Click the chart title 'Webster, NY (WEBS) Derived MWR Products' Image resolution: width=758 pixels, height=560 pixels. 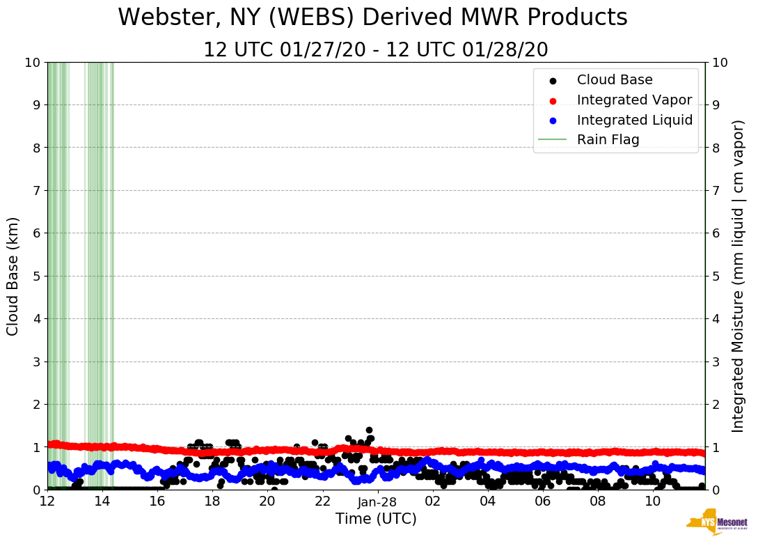click(372, 18)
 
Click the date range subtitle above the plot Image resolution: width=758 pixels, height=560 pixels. click(376, 50)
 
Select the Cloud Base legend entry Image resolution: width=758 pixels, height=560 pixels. click(615, 80)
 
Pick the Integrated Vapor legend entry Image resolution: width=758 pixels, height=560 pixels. click(634, 100)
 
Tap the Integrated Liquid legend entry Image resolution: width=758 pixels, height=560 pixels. click(634, 120)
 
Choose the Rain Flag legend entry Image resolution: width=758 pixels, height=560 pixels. click(608, 140)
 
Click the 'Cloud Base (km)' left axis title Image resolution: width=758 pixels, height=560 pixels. click(13, 276)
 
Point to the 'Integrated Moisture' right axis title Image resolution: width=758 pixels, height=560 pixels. click(739, 276)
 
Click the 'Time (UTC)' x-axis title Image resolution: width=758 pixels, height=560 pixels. click(376, 519)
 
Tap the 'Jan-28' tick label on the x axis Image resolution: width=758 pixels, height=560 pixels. click(377, 502)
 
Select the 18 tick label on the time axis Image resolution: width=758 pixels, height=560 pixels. click(212, 501)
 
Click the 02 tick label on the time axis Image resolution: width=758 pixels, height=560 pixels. click(432, 501)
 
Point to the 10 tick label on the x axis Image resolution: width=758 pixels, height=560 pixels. click(653, 501)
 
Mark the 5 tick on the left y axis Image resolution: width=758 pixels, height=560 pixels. click(36, 276)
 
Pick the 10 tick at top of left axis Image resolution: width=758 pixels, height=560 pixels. click(33, 62)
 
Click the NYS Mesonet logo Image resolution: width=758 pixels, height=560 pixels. click(716, 522)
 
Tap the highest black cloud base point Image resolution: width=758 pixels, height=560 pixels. click(369, 430)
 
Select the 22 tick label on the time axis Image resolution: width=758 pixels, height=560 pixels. click(322, 501)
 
